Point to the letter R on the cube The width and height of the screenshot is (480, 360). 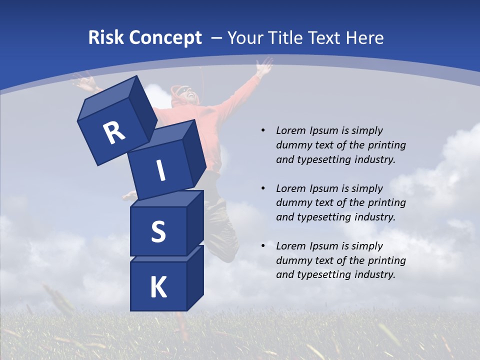pos(114,132)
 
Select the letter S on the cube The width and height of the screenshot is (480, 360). pos(158,231)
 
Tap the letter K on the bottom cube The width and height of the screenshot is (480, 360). pos(158,287)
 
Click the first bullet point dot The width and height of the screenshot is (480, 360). pos(263,130)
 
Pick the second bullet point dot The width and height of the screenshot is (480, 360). pos(263,188)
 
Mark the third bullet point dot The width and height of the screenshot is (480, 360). pos(263,246)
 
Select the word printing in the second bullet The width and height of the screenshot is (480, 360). pos(386,202)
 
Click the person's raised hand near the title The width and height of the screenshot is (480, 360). pos(263,66)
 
